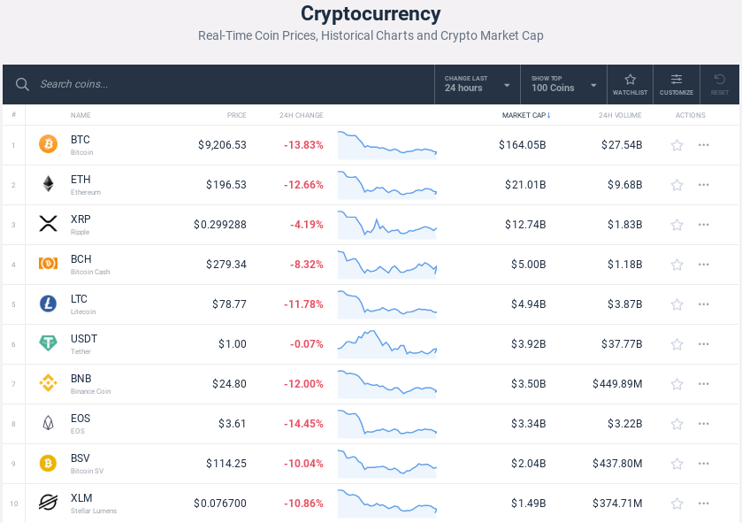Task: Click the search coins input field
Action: pyautogui.click(x=221, y=84)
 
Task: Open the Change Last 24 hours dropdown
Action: pyautogui.click(x=478, y=84)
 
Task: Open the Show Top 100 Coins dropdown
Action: pyautogui.click(x=563, y=84)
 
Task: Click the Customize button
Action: pyautogui.click(x=677, y=83)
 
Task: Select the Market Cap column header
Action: pyautogui.click(x=525, y=115)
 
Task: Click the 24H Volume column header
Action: pyautogui.click(x=620, y=115)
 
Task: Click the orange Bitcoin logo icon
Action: pyautogui.click(x=48, y=144)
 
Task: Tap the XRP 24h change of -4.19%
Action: pyautogui.click(x=306, y=225)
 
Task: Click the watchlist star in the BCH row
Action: pyautogui.click(x=677, y=265)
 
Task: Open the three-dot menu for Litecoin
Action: pyautogui.click(x=704, y=304)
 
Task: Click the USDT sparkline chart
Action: pyautogui.click(x=386, y=343)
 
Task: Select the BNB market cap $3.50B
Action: pyautogui.click(x=528, y=384)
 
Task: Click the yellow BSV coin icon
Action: pyautogui.click(x=48, y=463)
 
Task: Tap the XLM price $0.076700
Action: pyautogui.click(x=220, y=504)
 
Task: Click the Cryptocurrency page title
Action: pyautogui.click(x=371, y=14)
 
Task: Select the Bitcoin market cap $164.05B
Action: pyautogui.click(x=522, y=145)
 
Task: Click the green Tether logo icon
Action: pyautogui.click(x=48, y=343)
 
